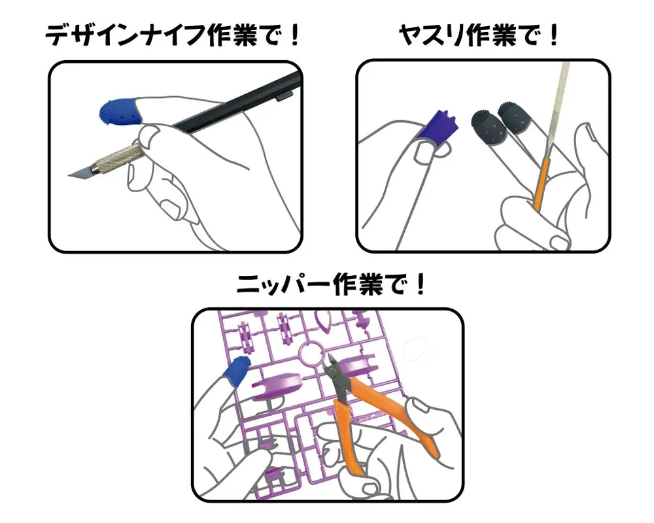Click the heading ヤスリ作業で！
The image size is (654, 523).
(x=479, y=35)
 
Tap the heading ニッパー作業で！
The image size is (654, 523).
(x=331, y=284)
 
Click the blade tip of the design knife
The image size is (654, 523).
(x=69, y=175)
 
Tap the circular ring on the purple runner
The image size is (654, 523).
(x=313, y=353)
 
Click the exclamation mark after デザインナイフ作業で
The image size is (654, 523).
(x=294, y=35)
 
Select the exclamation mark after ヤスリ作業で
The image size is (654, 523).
(x=553, y=35)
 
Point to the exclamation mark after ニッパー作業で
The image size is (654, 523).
(x=420, y=284)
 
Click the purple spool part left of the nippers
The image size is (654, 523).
(x=275, y=388)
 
